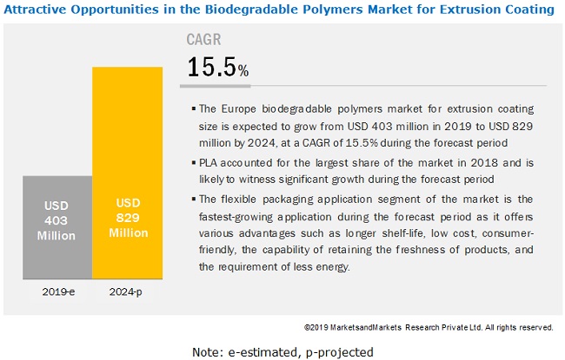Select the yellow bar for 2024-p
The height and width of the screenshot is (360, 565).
(x=127, y=173)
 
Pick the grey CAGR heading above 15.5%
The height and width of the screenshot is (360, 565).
(x=204, y=40)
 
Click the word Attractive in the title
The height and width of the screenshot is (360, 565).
(x=35, y=10)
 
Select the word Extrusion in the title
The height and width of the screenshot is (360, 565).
(x=463, y=10)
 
